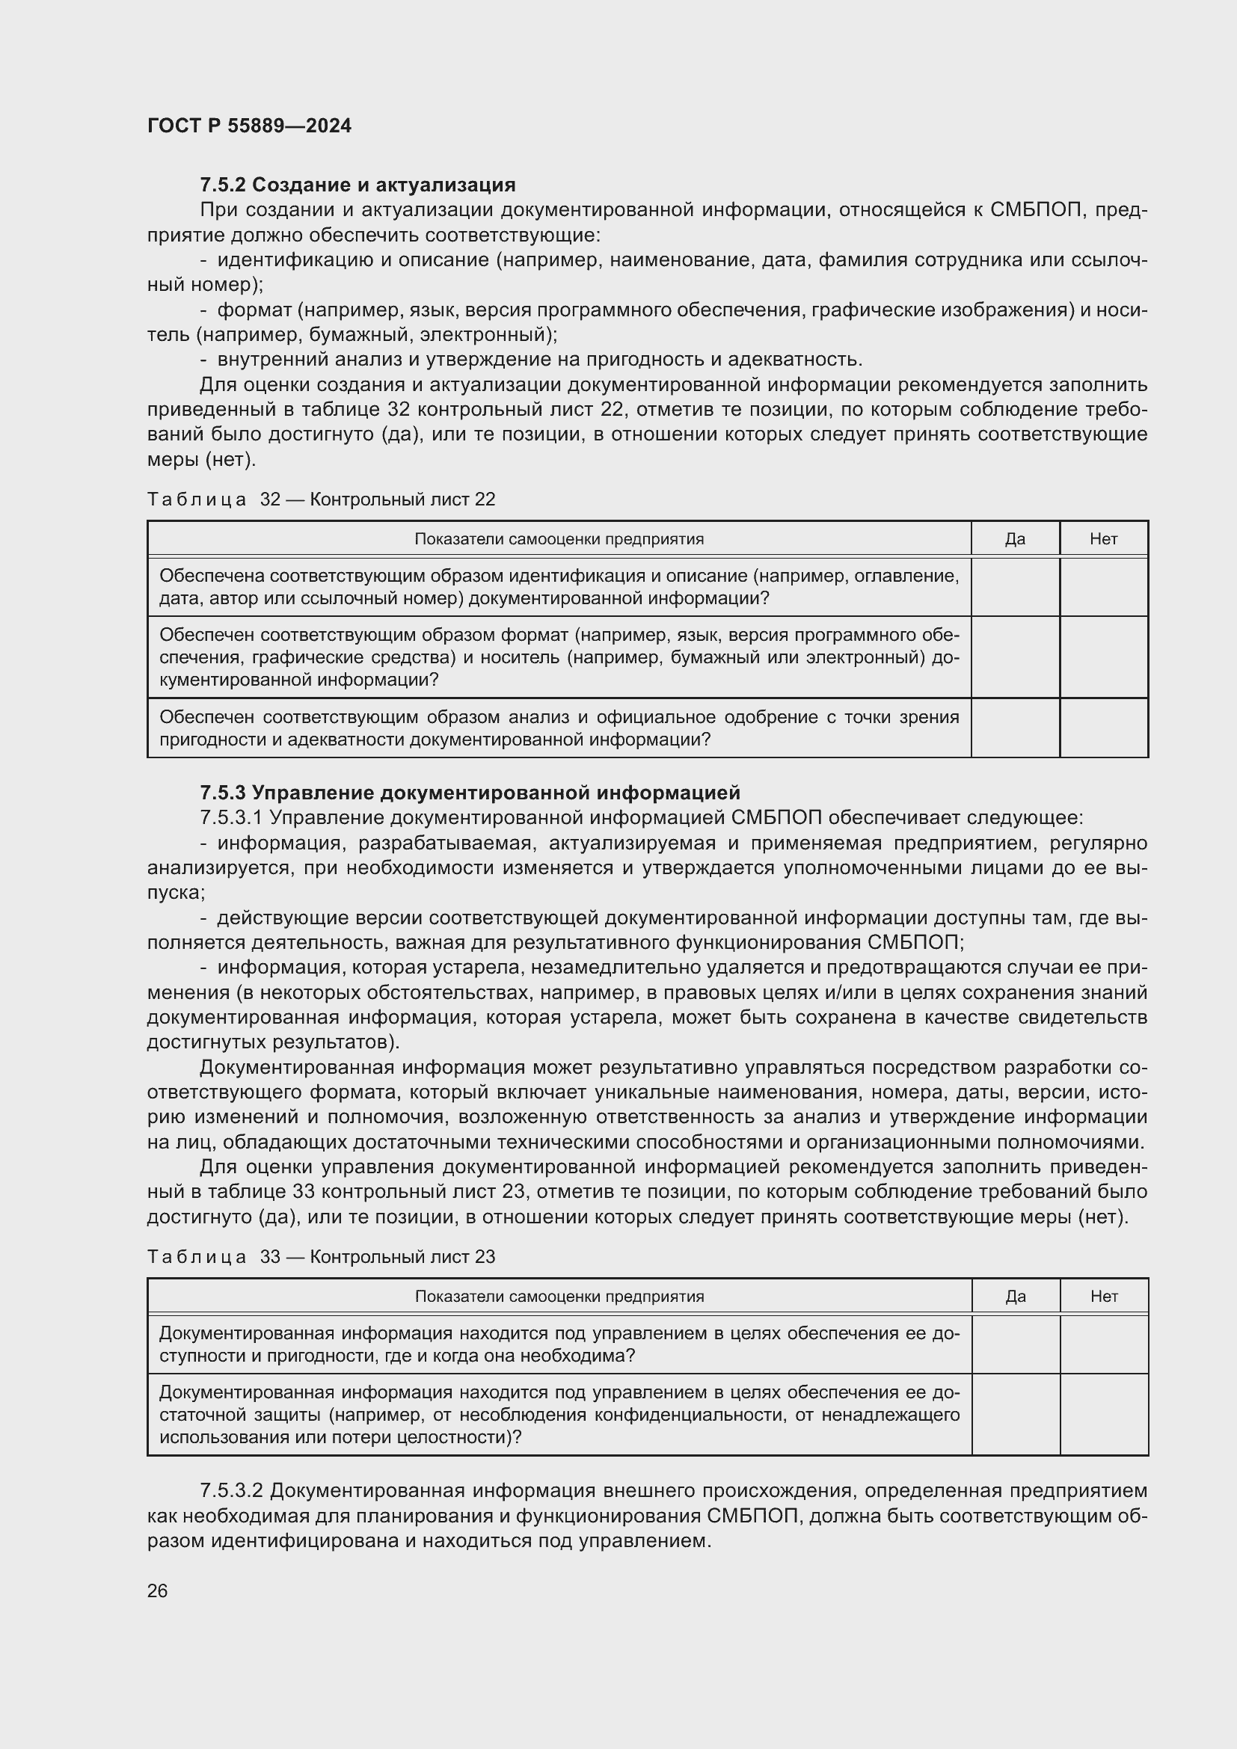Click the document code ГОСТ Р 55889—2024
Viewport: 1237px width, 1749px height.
click(249, 126)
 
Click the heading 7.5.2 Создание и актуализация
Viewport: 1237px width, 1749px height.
click(357, 185)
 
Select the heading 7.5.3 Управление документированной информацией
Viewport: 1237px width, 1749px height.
click(469, 793)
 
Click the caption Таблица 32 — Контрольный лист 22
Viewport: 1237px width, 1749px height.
click(321, 499)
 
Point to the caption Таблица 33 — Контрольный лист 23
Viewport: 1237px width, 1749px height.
click(321, 1257)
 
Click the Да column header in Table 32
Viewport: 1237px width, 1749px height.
click(1015, 539)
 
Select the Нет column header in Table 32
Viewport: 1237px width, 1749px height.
click(1103, 539)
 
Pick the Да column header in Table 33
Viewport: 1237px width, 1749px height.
click(1016, 1297)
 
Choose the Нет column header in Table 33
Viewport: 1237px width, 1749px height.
click(1104, 1297)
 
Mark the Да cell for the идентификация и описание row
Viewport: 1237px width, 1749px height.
click(1015, 586)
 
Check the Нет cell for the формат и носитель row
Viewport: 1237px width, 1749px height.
click(1103, 657)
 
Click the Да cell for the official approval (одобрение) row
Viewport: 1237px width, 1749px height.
click(1015, 728)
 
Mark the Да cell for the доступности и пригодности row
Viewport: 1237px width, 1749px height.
click(1016, 1344)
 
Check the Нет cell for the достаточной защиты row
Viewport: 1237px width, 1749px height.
click(1104, 1415)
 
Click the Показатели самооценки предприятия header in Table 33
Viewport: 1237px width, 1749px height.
click(559, 1297)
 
